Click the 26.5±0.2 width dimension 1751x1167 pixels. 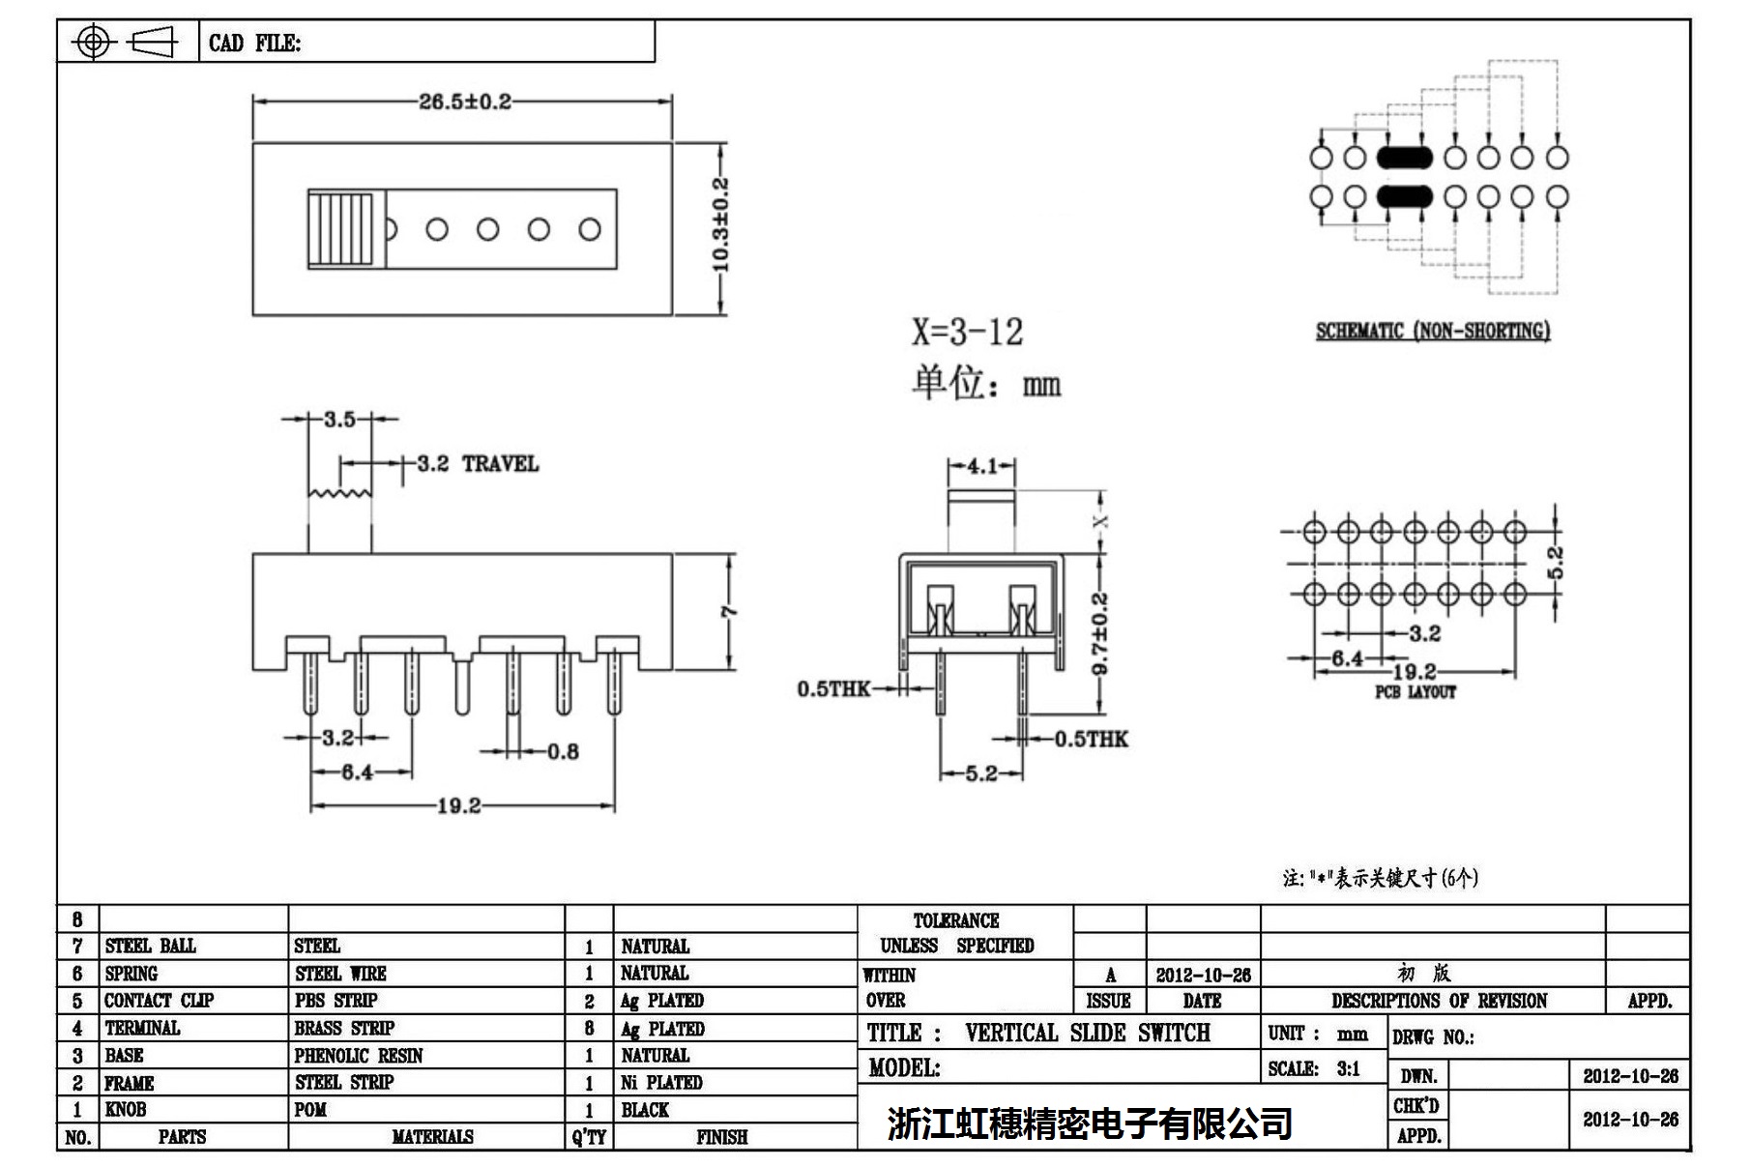[464, 102]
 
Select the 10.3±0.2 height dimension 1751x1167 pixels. [721, 224]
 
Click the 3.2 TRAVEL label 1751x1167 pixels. [477, 464]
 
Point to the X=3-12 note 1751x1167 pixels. [966, 333]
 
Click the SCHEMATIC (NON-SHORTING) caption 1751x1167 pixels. [1432, 331]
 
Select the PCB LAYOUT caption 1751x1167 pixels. [1415, 692]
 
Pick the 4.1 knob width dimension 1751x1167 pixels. [981, 466]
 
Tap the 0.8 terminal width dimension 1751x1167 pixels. [563, 751]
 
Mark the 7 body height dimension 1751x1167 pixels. [730, 611]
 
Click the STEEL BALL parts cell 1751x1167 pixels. [150, 946]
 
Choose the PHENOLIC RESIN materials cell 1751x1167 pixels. [359, 1056]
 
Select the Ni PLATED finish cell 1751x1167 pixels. [661, 1083]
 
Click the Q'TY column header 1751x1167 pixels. [588, 1138]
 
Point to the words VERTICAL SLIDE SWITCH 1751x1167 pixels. [1087, 1033]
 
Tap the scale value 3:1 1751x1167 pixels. [1348, 1068]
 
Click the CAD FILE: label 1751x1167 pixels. [254, 44]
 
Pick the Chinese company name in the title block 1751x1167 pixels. [1090, 1123]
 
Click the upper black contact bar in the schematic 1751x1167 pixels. [1404, 157]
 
